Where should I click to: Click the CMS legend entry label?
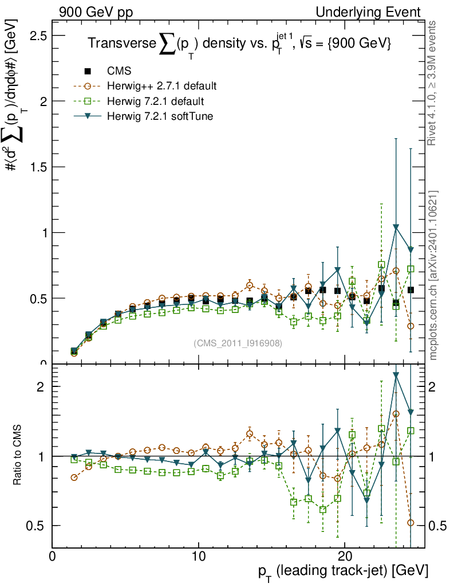pyautogui.click(x=119, y=72)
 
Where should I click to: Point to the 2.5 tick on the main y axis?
pyautogui.click(x=39, y=36)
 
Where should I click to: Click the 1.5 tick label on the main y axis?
pyautogui.click(x=39, y=167)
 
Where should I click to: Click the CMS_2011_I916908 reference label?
pyautogui.click(x=238, y=343)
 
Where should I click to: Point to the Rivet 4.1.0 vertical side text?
pyautogui.click(x=433, y=83)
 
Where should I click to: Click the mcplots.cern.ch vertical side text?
pyautogui.click(x=433, y=275)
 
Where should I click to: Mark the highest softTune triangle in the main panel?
pyautogui.click(x=396, y=228)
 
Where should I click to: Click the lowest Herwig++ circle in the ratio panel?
pyautogui.click(x=410, y=522)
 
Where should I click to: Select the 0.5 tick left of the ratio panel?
pyautogui.click(x=39, y=526)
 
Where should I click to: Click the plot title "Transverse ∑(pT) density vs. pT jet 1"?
pyautogui.click(x=239, y=44)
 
